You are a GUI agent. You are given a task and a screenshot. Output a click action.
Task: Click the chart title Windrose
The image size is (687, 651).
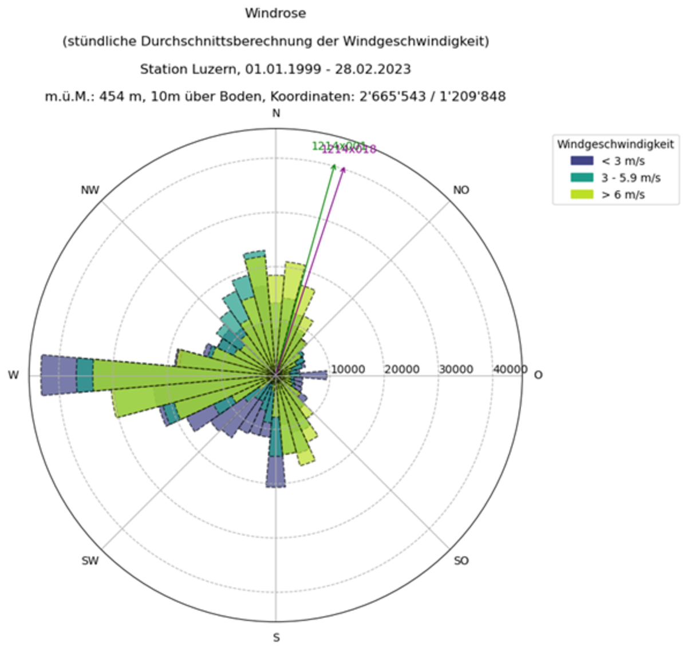click(x=275, y=13)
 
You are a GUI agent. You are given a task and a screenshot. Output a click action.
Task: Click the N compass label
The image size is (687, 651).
click(x=276, y=113)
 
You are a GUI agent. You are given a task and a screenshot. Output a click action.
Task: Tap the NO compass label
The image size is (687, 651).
click(x=461, y=190)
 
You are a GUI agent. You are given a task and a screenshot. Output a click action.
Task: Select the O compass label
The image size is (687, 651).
click(x=538, y=375)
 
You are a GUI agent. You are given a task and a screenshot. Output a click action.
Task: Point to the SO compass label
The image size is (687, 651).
click(x=461, y=561)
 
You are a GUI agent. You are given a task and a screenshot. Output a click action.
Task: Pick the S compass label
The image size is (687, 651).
click(x=276, y=638)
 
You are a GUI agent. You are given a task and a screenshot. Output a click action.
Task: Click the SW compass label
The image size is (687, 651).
click(x=90, y=561)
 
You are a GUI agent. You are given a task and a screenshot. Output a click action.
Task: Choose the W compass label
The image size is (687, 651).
click(x=13, y=376)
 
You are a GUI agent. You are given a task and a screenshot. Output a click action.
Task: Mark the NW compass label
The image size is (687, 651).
click(x=90, y=190)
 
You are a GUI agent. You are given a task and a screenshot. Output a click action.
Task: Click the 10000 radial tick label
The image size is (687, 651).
click(x=348, y=370)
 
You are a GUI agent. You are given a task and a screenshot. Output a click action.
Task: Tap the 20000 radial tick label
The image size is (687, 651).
click(x=402, y=370)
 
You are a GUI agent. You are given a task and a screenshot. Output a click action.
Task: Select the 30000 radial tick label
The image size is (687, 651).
click(x=456, y=370)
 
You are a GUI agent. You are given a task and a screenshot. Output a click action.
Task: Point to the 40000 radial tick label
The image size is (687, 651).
click(x=510, y=370)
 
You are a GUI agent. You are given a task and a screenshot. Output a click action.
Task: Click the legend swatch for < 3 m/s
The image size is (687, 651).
click(x=582, y=161)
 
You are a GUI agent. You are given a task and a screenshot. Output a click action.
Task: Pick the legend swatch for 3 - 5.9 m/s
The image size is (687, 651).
click(x=582, y=178)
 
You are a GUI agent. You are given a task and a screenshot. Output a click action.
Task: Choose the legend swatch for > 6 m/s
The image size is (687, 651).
click(x=582, y=195)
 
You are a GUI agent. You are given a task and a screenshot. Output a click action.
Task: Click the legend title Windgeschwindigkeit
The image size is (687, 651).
click(x=615, y=144)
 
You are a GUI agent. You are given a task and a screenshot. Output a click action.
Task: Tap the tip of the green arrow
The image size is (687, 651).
click(x=334, y=164)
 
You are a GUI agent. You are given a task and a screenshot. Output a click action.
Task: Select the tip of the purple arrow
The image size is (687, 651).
click(x=345, y=167)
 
